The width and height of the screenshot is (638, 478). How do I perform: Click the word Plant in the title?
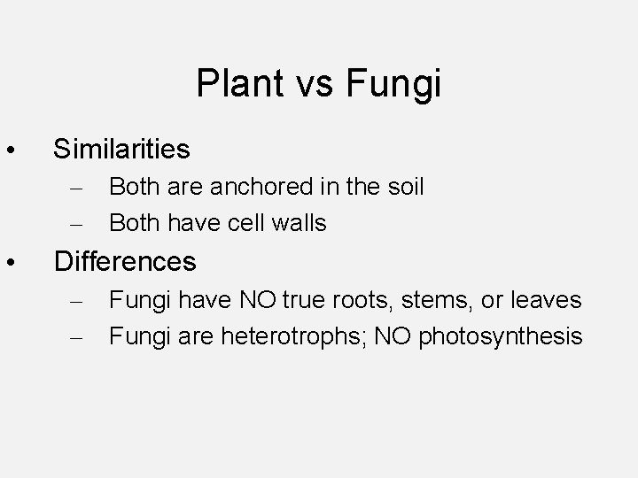coord(232,84)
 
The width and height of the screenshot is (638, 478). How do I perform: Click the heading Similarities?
coord(121,149)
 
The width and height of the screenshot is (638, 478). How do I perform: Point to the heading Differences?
coord(125,261)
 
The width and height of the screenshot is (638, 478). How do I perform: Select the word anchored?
coord(248,187)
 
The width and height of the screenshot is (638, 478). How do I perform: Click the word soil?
coord(404,187)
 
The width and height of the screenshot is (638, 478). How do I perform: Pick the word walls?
coord(300,223)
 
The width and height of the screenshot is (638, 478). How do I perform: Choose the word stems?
coord(432,300)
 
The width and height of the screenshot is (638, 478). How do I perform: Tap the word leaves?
coord(545,300)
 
